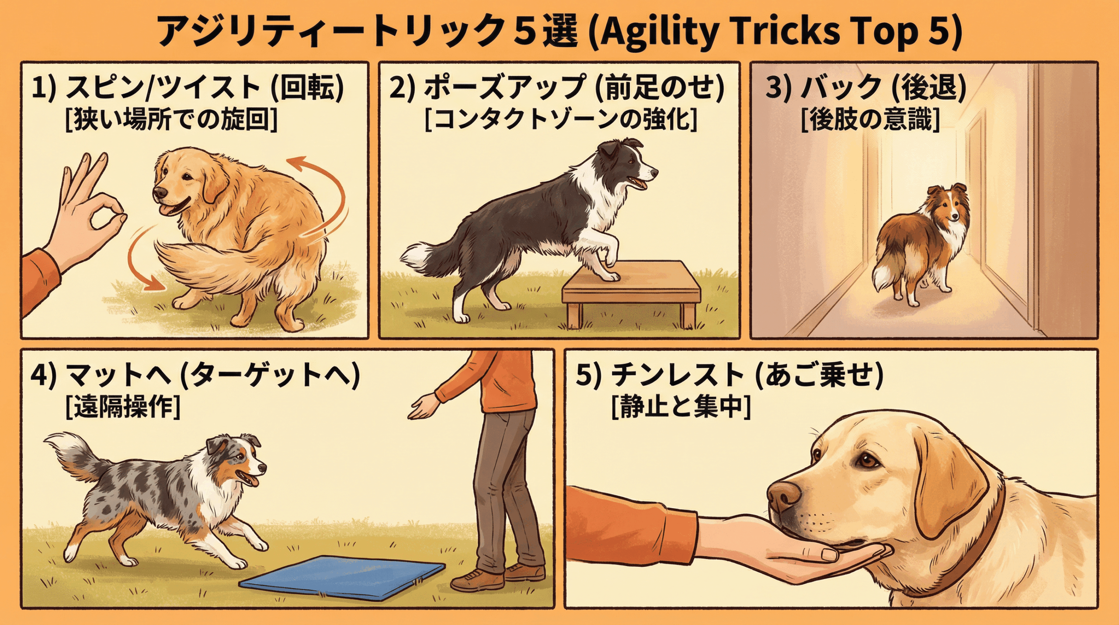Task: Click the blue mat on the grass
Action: (x=343, y=578)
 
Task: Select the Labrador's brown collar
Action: (x=979, y=547)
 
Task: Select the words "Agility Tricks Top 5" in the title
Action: (x=776, y=31)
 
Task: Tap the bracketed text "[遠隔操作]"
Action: (x=122, y=408)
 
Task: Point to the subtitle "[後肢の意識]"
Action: (x=870, y=119)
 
